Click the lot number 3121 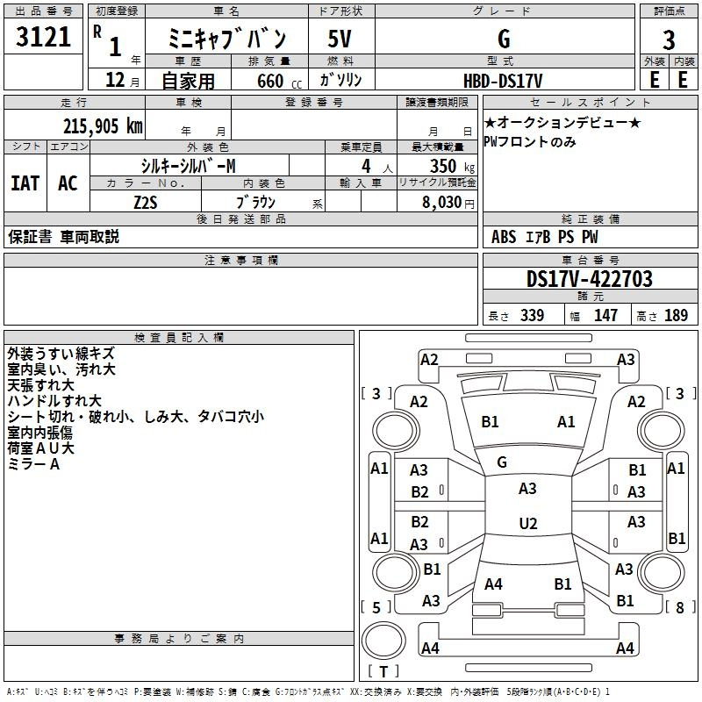coord(43,36)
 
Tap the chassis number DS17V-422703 coord(589,279)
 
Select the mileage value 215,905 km coord(103,126)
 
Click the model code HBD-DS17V coord(503,81)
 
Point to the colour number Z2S coord(146,203)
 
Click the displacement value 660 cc coord(279,81)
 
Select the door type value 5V coord(340,39)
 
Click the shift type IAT coord(25,183)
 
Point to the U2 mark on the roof coord(528,523)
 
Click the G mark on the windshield coord(502,462)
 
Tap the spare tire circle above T coord(383,641)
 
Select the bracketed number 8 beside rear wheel coord(680,607)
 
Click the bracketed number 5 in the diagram coord(376,607)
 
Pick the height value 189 coord(676,315)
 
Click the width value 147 coord(605,315)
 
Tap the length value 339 coord(533,315)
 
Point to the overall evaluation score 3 coord(669,39)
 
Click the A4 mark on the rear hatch coord(493,584)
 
